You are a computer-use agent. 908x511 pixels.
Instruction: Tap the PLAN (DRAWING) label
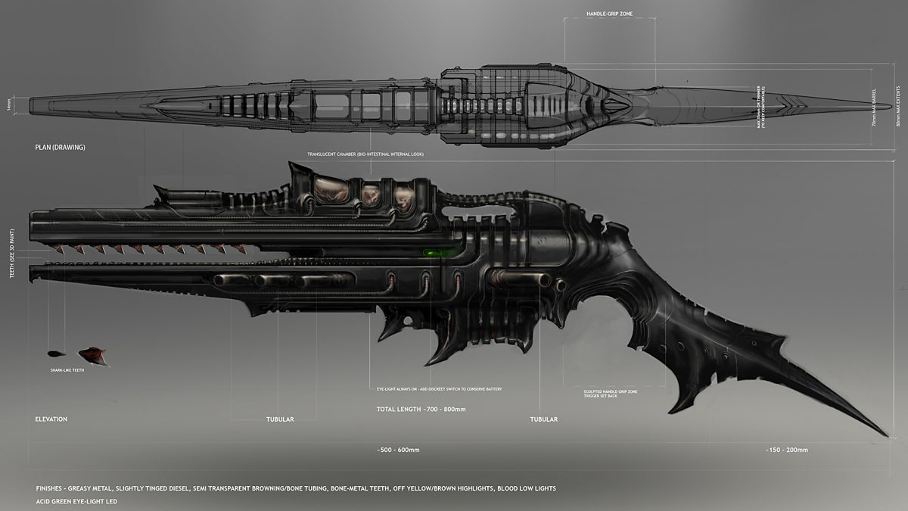tap(61, 147)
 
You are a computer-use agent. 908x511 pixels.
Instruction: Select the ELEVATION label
tap(51, 419)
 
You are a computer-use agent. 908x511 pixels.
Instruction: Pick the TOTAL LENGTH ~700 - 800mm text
tap(421, 409)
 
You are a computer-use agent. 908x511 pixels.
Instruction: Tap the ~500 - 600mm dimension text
tap(398, 450)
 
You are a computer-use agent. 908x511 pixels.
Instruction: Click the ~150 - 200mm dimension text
tap(787, 450)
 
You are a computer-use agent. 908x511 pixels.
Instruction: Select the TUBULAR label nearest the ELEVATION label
tap(280, 419)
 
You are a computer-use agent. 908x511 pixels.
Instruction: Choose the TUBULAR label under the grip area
tap(543, 419)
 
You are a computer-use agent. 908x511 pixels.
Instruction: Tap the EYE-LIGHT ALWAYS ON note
tap(439, 388)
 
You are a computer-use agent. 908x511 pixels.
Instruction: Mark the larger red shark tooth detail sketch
tap(92, 354)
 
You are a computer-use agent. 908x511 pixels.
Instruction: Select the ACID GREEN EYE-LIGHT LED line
tap(76, 501)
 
